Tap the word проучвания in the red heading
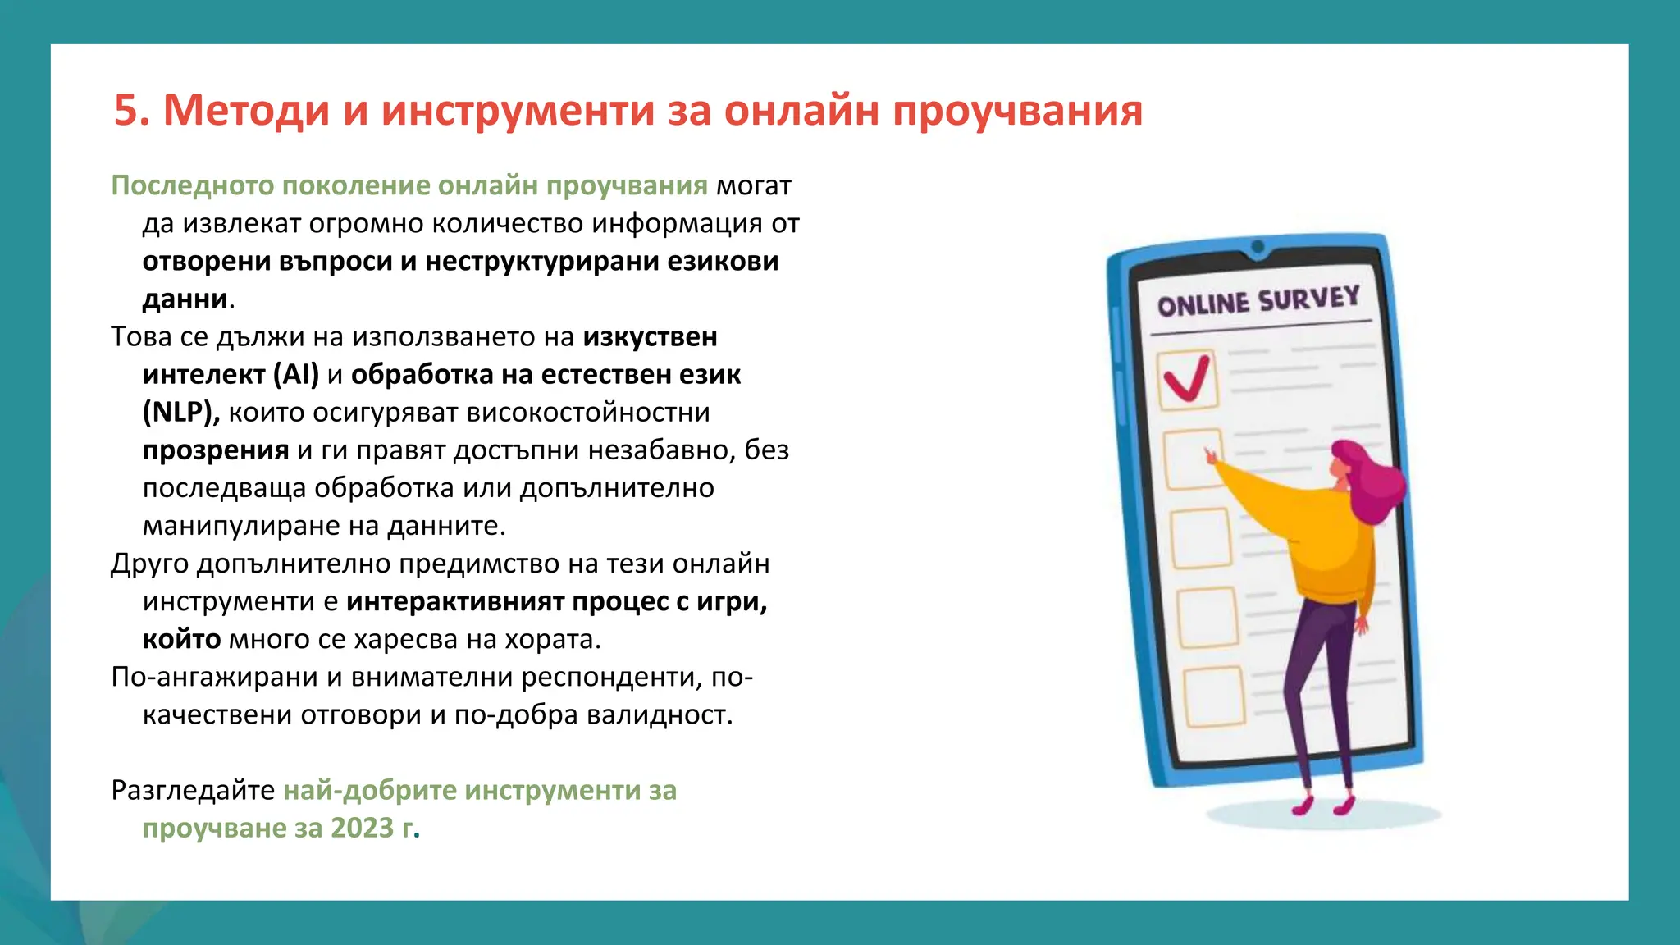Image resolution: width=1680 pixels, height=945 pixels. [x=1017, y=111]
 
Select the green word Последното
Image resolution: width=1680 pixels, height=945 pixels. [x=193, y=185]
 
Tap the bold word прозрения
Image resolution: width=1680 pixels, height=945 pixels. [x=216, y=450]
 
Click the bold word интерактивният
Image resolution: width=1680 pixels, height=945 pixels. [x=455, y=601]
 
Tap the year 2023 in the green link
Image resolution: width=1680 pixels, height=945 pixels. [x=362, y=828]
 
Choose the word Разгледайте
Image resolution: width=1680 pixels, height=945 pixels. [x=193, y=790]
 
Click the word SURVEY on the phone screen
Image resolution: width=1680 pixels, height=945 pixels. [x=1309, y=299]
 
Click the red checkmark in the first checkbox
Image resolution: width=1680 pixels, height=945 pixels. [x=1186, y=379]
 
